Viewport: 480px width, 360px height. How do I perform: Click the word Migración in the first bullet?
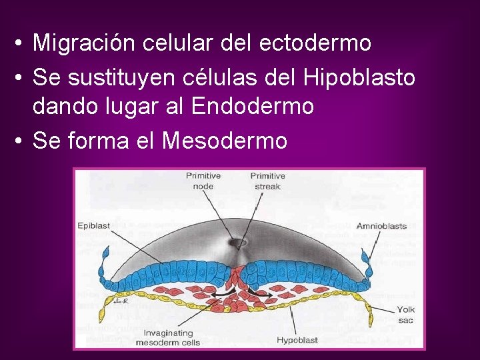[81, 43]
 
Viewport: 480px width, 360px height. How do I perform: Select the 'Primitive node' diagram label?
[203, 181]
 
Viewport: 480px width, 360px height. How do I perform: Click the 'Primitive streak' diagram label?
[267, 181]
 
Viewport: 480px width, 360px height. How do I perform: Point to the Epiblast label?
[93, 226]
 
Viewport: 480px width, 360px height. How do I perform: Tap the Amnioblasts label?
[381, 226]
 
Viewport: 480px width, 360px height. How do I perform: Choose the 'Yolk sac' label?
[405, 315]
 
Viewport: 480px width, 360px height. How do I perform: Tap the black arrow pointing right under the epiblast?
[255, 292]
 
